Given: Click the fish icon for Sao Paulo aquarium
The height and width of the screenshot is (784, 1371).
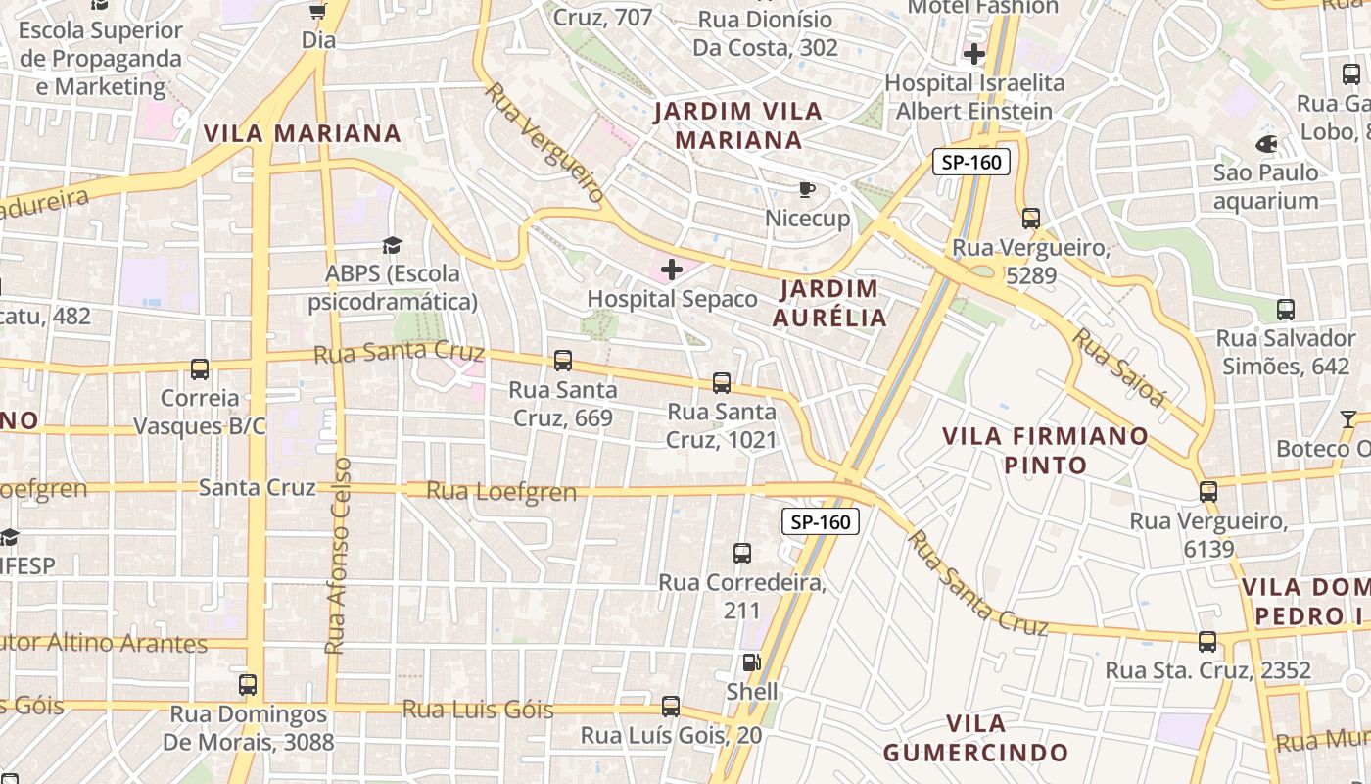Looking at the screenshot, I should (x=1265, y=144).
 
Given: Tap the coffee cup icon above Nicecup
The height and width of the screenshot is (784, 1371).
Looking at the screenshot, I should (x=806, y=189).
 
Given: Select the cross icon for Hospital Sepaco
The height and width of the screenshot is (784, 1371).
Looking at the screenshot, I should (x=672, y=269).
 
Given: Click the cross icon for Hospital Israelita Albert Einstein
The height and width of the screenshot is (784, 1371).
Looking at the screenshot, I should (x=974, y=54).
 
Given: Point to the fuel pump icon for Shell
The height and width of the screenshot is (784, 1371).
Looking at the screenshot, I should (x=751, y=662).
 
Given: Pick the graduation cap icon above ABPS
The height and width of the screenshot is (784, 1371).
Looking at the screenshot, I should (x=392, y=244).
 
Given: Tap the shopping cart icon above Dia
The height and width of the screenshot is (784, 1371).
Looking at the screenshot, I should (x=317, y=11).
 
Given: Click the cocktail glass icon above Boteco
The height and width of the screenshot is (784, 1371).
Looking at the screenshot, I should (x=1348, y=419).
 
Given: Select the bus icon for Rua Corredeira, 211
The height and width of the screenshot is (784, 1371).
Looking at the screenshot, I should (x=742, y=554).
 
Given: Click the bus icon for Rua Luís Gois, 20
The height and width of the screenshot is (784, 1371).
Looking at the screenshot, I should (x=671, y=706).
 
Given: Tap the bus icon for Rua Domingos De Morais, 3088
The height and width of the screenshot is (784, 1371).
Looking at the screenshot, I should (x=248, y=684).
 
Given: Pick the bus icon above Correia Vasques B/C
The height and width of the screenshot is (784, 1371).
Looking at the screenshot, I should (x=200, y=369).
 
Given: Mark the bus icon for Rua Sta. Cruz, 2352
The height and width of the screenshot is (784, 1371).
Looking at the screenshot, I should (x=1207, y=642).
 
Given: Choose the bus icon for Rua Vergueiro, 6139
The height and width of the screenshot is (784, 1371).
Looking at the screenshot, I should (x=1208, y=491).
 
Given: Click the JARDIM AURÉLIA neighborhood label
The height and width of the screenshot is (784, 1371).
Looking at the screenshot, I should (x=829, y=303).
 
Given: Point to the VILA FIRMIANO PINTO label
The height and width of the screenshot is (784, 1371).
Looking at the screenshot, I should (x=1045, y=450).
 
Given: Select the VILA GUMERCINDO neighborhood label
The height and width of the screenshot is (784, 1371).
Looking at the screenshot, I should (x=975, y=739).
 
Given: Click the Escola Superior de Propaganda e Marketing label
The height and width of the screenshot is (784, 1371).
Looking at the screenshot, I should (x=101, y=59).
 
